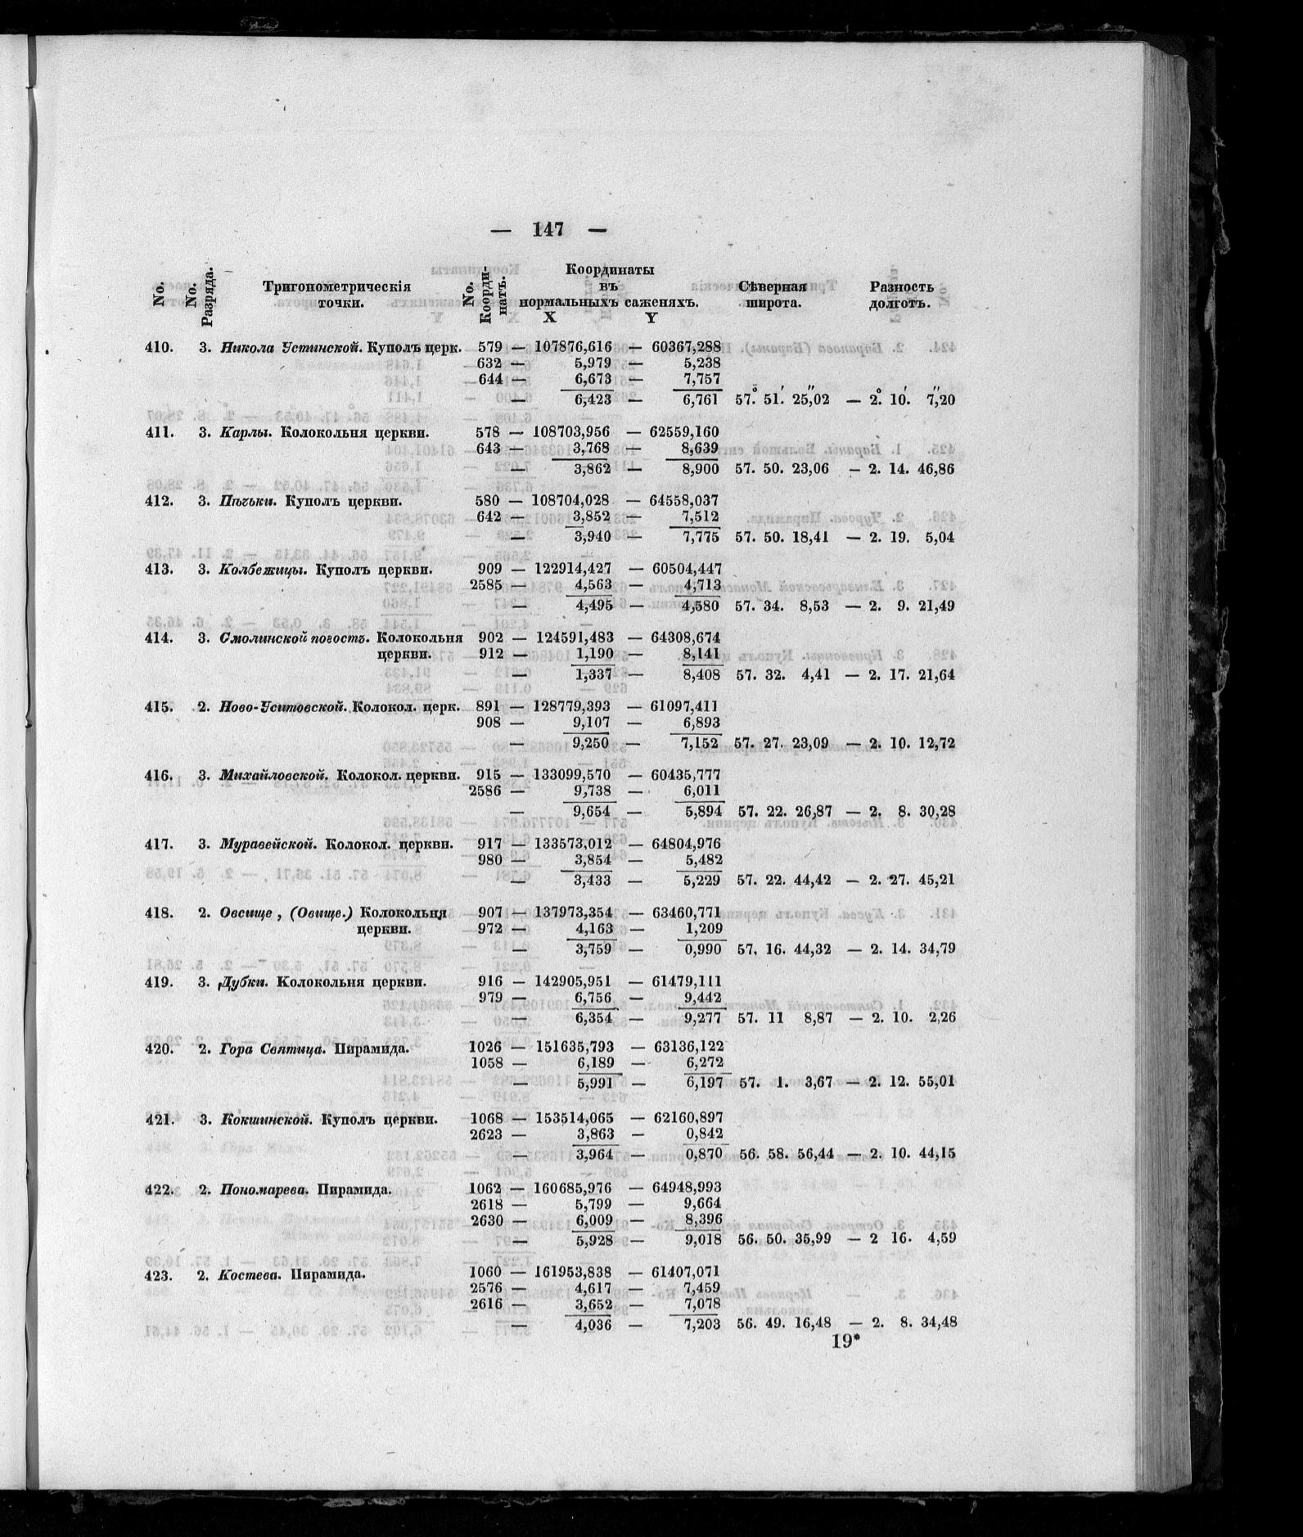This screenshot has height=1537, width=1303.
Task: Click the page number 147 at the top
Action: pyautogui.click(x=548, y=229)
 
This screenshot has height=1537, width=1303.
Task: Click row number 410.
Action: pyautogui.click(x=159, y=347)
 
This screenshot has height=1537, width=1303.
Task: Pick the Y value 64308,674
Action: pyautogui.click(x=686, y=638)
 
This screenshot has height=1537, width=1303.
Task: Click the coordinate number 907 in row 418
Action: pyautogui.click(x=489, y=913)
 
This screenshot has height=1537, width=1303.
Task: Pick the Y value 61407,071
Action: pyautogui.click(x=686, y=1273)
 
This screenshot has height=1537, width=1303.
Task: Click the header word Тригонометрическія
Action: pyautogui.click(x=336, y=286)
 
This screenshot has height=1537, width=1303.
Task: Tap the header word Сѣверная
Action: pyautogui.click(x=773, y=286)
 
